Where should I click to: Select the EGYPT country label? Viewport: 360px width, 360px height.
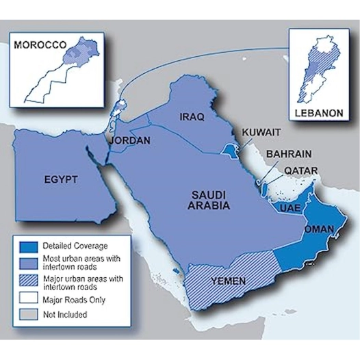coord(60,179)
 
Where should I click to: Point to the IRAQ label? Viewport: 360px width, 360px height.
coord(192,117)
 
